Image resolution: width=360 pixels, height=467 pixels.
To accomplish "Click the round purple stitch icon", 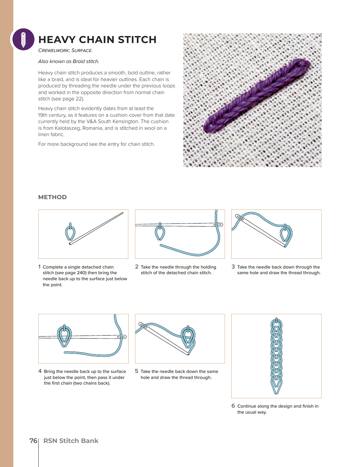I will click(23, 39).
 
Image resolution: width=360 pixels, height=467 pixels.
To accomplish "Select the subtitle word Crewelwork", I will click(53, 50).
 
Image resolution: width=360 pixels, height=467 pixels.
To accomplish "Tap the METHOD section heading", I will click(52, 197).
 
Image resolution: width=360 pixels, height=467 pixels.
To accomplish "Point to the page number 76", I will click(33, 441).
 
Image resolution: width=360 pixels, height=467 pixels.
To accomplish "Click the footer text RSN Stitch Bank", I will click(71, 441).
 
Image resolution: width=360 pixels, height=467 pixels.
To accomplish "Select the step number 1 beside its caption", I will click(39, 267).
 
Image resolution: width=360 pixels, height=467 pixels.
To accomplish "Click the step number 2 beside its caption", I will click(137, 267).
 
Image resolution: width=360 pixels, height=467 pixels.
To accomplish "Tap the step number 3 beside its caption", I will click(233, 267).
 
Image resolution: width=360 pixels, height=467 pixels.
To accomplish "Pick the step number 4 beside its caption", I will click(40, 371).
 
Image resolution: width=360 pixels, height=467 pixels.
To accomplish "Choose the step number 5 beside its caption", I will click(137, 371).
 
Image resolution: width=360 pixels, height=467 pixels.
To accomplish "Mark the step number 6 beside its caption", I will click(233, 406).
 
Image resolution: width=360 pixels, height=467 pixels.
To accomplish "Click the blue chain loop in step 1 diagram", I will click(70, 233).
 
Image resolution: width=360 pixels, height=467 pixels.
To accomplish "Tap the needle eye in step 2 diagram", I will click(218, 225).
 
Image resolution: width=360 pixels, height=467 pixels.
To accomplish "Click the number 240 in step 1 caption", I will click(82, 273).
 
